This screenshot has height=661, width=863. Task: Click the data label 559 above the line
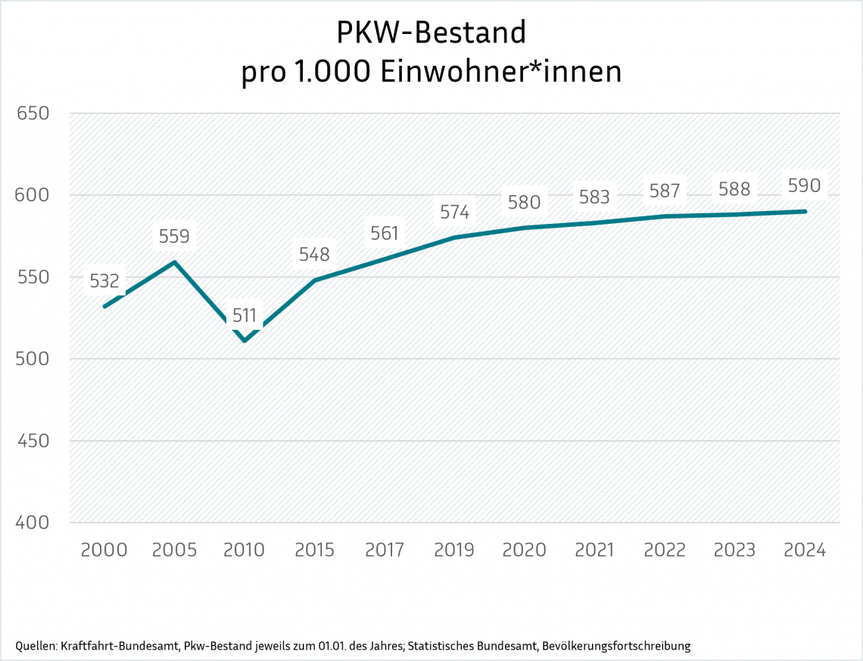point(174,237)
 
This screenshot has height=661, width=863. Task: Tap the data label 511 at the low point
point(245,316)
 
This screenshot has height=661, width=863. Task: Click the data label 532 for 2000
point(104,281)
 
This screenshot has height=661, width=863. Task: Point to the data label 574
point(454,213)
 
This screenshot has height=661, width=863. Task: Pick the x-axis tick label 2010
point(245,550)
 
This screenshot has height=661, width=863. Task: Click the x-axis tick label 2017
point(385,550)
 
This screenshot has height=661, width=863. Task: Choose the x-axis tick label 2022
point(665,550)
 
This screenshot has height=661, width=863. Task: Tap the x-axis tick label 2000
point(104,550)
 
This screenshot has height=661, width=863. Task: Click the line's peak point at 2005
point(175,262)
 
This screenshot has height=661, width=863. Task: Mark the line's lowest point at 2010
point(245,341)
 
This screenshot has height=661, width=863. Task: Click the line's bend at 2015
point(315,280)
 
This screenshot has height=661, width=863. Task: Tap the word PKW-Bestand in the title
point(431,33)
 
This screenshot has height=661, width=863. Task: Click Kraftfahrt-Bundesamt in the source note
point(121,646)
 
